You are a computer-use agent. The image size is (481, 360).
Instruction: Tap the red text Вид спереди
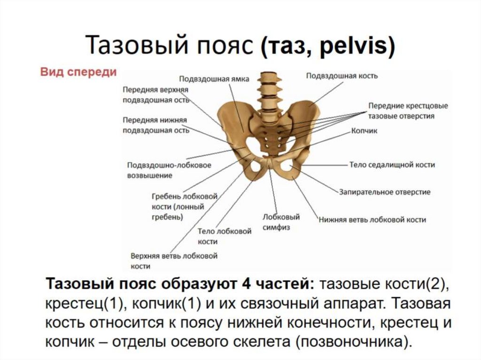pos(78,72)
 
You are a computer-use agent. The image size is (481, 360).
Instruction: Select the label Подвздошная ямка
pos(214,79)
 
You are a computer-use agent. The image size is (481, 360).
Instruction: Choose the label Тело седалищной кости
pos(392,165)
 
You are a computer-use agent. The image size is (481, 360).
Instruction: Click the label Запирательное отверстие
pos(384,192)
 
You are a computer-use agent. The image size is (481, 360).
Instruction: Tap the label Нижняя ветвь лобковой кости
pos(372,219)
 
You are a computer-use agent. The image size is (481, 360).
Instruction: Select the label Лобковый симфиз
pos(281,222)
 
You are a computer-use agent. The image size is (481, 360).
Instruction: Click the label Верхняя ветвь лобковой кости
pos(173,261)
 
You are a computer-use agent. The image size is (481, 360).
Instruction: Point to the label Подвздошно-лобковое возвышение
pos(169,170)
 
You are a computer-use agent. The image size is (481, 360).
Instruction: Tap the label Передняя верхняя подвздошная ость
pos(155,94)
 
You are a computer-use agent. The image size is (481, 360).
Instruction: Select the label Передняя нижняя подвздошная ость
pos(155,125)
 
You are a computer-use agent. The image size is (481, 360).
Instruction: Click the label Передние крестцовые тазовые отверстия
pos(401,111)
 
